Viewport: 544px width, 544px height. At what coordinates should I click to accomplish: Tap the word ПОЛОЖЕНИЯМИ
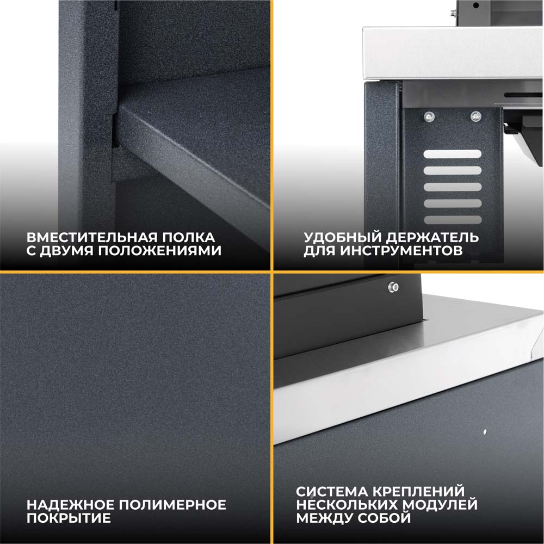[x=160, y=251]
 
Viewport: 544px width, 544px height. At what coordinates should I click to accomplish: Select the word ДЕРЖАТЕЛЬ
[x=432, y=238]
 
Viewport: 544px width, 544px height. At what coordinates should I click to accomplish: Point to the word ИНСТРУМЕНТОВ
[x=401, y=251]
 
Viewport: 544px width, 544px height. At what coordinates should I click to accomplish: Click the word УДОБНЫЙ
[x=342, y=238]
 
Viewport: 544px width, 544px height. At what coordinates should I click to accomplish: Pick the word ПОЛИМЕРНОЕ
[x=172, y=505]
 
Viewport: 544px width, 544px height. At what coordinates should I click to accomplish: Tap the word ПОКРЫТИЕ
[x=69, y=518]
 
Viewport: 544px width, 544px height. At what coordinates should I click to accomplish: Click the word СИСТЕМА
[x=332, y=492]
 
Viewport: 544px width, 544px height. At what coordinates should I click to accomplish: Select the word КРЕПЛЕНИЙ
[x=418, y=492]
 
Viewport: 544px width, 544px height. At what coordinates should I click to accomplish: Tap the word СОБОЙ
[x=385, y=518]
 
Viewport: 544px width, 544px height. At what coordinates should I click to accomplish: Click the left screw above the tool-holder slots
[x=430, y=117]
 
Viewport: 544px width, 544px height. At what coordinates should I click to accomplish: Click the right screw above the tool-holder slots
[x=475, y=116]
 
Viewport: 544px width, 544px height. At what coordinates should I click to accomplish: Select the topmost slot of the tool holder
[x=453, y=154]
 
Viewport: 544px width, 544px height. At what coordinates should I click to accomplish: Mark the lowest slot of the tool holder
[x=453, y=220]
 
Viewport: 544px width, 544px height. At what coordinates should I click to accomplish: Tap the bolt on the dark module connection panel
[x=393, y=287]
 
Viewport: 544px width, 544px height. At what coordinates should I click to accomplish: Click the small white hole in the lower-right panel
[x=485, y=432]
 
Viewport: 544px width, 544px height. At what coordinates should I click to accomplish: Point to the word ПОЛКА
[x=189, y=238]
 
